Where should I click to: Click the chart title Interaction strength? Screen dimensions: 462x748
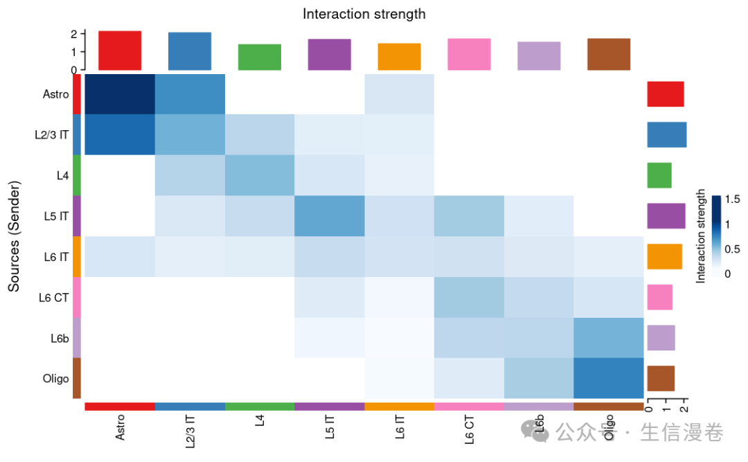364,14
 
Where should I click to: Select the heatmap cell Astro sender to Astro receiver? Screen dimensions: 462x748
120,94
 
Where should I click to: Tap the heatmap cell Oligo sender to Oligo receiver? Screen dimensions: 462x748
608,378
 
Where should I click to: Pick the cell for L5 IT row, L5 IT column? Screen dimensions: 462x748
329,216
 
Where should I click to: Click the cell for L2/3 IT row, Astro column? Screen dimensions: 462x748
120,135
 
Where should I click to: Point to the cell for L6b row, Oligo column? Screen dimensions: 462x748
608,338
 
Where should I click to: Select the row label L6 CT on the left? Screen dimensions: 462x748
53,298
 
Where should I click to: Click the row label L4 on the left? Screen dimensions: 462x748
62,176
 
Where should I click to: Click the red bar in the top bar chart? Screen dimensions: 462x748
120,51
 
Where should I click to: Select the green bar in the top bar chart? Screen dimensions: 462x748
260,57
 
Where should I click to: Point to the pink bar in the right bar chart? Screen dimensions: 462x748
659,297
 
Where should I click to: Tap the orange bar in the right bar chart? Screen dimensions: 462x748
664,256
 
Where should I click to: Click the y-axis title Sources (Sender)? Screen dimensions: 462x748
14,236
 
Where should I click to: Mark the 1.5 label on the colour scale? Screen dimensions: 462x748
731,199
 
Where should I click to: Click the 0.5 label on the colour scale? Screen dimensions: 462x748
731,249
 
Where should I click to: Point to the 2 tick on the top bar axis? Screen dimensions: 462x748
73,33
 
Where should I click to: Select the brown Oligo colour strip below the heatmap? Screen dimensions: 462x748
608,407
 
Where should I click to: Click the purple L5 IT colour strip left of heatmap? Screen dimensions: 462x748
77,216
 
